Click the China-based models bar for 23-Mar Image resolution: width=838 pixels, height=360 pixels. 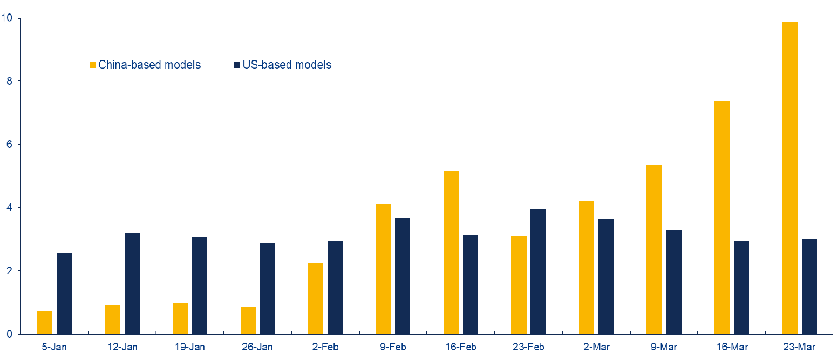[x=789, y=178]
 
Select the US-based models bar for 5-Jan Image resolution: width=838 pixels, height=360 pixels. [x=64, y=293]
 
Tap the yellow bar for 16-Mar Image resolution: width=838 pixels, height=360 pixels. [x=722, y=218]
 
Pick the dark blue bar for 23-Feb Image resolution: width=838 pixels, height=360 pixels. [x=538, y=271]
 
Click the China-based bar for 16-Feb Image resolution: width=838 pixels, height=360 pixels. [x=451, y=252]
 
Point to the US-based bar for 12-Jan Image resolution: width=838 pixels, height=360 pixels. [x=132, y=283]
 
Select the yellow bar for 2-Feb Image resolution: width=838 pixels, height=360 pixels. [x=316, y=298]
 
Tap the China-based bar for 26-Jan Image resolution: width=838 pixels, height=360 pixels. [x=248, y=320]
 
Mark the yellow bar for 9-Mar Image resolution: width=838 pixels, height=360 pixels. [x=654, y=249]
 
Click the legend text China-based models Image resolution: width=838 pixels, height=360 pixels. [x=149, y=65]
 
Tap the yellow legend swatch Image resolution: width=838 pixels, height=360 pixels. [x=93, y=65]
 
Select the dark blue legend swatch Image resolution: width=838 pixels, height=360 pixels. [x=237, y=65]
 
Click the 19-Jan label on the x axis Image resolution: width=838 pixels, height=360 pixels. [x=189, y=346]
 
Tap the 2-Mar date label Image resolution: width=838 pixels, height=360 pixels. [x=596, y=346]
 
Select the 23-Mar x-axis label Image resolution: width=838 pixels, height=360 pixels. [x=799, y=346]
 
